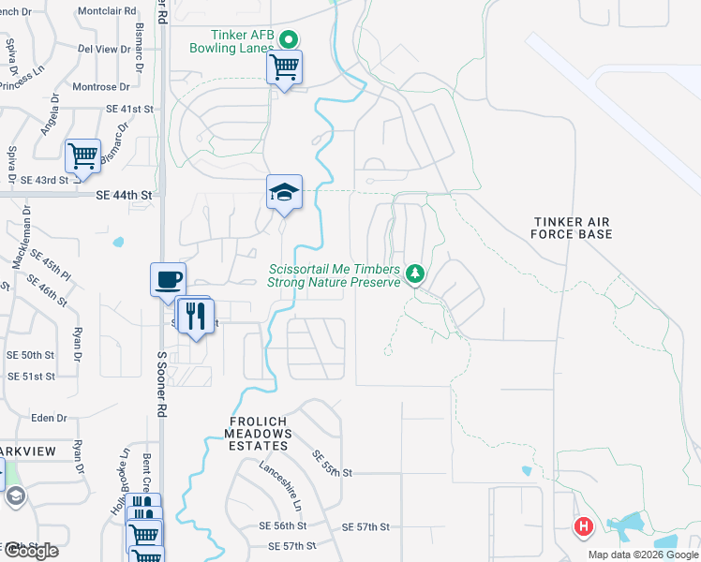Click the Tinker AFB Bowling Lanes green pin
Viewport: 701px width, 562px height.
click(289, 39)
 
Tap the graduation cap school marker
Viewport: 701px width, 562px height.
click(284, 193)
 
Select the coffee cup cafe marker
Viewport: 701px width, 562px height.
click(169, 279)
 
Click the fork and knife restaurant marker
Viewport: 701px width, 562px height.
click(196, 315)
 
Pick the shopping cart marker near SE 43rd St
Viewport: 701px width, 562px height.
click(83, 155)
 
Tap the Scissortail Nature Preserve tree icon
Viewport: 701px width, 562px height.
click(415, 274)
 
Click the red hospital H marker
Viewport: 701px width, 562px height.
click(584, 528)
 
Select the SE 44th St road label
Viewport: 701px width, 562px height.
click(124, 195)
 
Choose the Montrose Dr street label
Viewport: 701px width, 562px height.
click(95, 87)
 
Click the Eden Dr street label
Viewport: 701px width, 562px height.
click(50, 418)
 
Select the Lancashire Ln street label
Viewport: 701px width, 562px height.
click(281, 483)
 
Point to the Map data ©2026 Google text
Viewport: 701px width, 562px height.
click(642, 555)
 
